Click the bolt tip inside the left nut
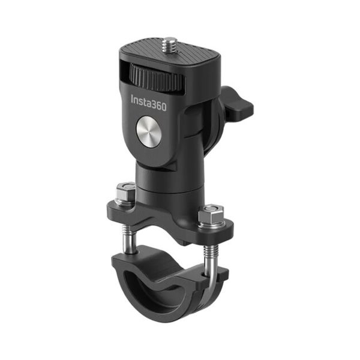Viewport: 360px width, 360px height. click(x=125, y=188)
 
